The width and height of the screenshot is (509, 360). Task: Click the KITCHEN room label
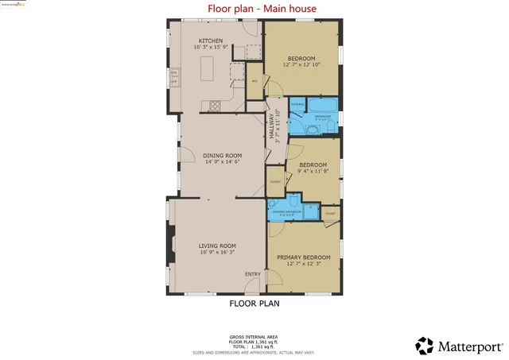(210, 41)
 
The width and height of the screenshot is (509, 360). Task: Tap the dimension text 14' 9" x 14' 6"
(222, 162)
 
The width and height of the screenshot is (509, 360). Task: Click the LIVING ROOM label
(217, 246)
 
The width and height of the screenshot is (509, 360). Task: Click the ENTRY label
(252, 274)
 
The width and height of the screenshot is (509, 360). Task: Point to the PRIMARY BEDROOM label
(303, 257)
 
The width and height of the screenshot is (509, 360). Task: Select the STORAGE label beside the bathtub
(297, 105)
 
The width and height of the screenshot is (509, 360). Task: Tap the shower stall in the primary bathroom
(311, 211)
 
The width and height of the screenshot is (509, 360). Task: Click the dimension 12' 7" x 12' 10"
(301, 65)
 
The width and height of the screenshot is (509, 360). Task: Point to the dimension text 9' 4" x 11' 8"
(313, 171)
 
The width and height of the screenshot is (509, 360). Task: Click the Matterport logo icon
(425, 346)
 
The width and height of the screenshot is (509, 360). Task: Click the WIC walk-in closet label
(254, 81)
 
